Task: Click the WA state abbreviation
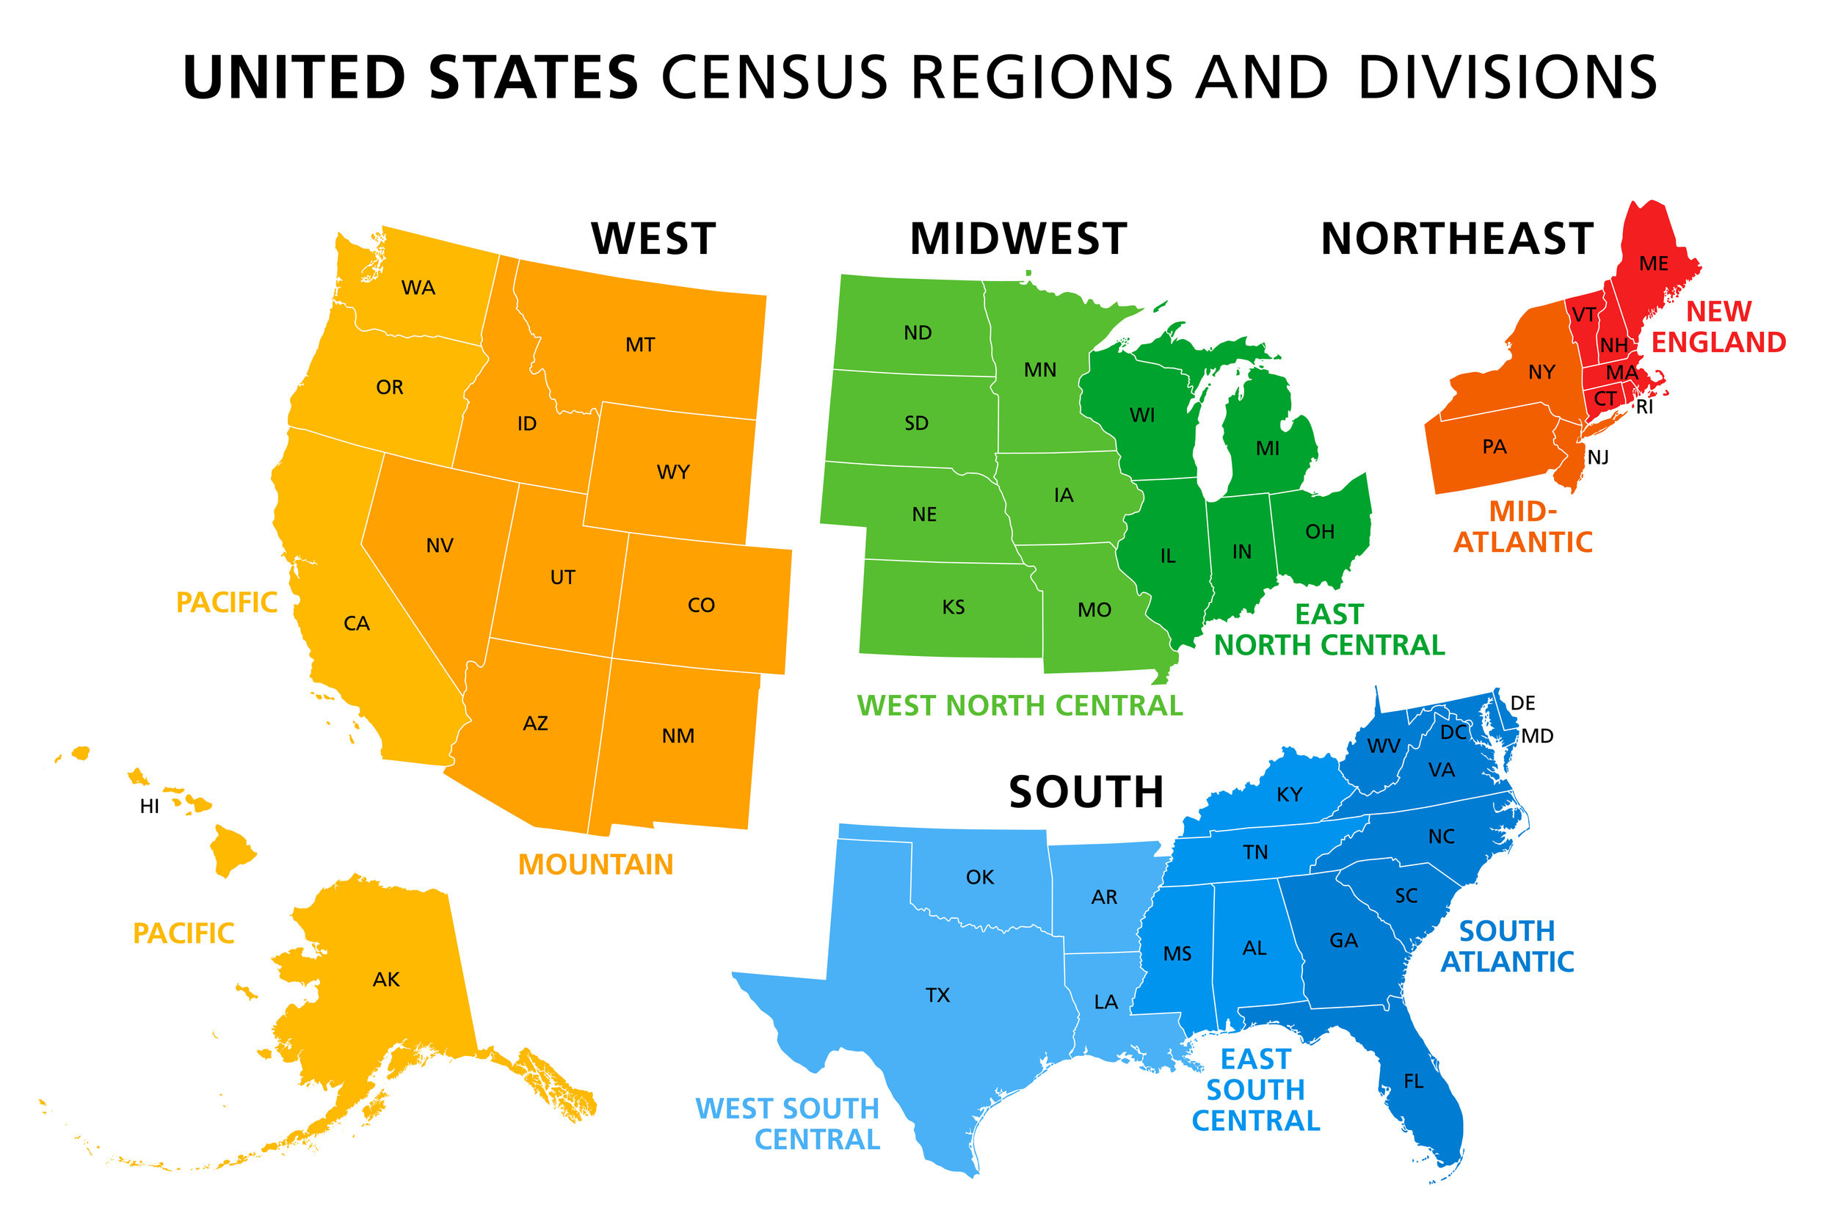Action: tap(418, 288)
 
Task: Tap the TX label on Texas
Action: tap(937, 995)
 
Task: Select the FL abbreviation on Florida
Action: tap(1413, 1082)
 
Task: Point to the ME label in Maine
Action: tap(1653, 263)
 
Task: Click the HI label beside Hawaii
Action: tap(150, 807)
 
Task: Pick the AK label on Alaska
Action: tap(386, 980)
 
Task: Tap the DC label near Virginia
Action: tap(1453, 732)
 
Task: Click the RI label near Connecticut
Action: tap(1644, 407)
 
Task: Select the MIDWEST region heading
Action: tap(1017, 239)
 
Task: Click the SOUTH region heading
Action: tap(1086, 792)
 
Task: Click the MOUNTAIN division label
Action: tap(595, 864)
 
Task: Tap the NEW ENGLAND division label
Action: tap(1718, 327)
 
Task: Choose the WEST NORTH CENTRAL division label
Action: tap(1019, 706)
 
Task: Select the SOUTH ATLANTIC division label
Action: tap(1507, 946)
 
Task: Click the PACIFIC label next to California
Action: tap(226, 602)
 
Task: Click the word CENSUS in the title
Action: tap(774, 79)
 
